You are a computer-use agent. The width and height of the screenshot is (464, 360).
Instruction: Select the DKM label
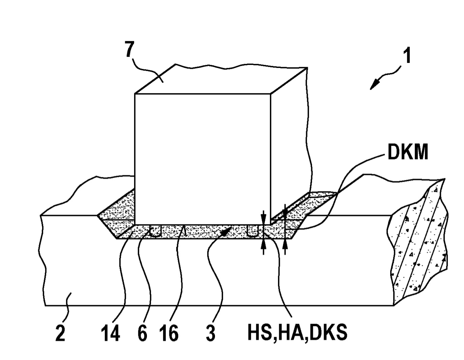pyautogui.click(x=408, y=152)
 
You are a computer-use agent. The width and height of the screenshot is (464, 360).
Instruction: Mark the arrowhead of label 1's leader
pyautogui.click(x=373, y=86)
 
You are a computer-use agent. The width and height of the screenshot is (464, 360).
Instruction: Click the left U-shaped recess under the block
pyautogui.click(x=155, y=231)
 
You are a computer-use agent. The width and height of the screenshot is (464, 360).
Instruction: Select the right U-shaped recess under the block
pyautogui.click(x=252, y=231)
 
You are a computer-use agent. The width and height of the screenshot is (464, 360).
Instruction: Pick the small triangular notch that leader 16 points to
pyautogui.click(x=184, y=230)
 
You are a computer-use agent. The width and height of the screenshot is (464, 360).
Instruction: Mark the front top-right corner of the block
pyautogui.click(x=271, y=93)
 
